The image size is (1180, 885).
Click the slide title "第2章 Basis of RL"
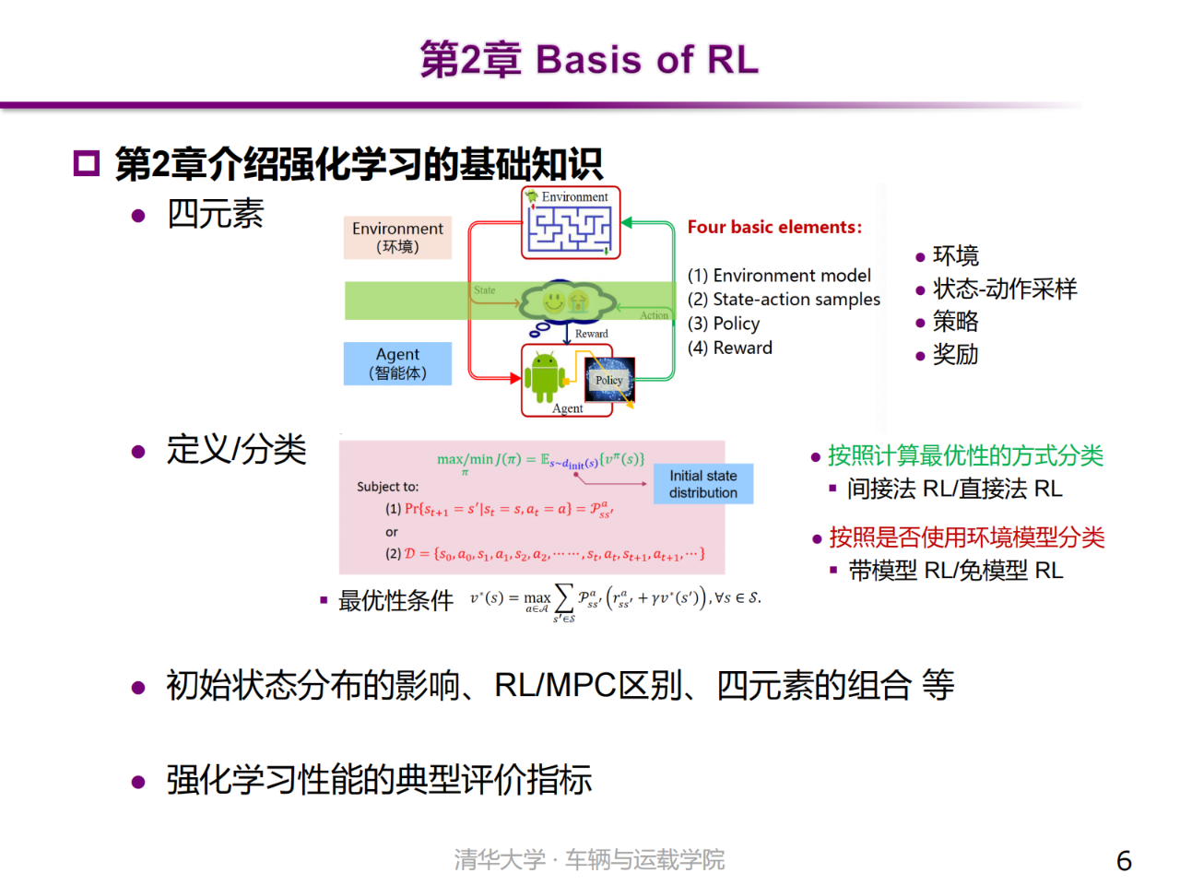point(589,59)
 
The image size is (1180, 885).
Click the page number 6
point(1124,860)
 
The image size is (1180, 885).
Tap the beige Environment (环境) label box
point(397,238)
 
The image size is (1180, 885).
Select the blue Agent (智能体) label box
point(397,363)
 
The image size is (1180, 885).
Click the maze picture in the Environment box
point(570,229)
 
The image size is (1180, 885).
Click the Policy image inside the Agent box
point(609,380)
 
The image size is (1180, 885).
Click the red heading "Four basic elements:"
point(774,227)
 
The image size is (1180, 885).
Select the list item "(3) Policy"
point(724,324)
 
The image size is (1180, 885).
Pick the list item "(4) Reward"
point(729,348)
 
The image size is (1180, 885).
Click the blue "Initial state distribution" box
point(703,484)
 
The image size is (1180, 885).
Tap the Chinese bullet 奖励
point(955,355)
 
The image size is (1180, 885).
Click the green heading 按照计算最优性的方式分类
point(965,455)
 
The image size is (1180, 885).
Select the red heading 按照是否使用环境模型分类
point(966,537)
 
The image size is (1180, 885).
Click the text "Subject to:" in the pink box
point(387,487)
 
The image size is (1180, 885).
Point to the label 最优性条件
point(395,601)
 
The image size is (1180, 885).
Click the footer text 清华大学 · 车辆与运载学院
point(589,860)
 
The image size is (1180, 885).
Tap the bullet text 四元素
point(215,214)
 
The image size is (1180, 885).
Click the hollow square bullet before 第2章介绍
point(86,164)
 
